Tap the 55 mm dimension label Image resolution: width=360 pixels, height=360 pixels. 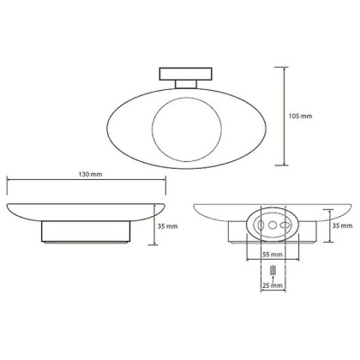click(271, 255)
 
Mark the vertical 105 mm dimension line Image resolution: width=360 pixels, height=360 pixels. click(285, 114)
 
